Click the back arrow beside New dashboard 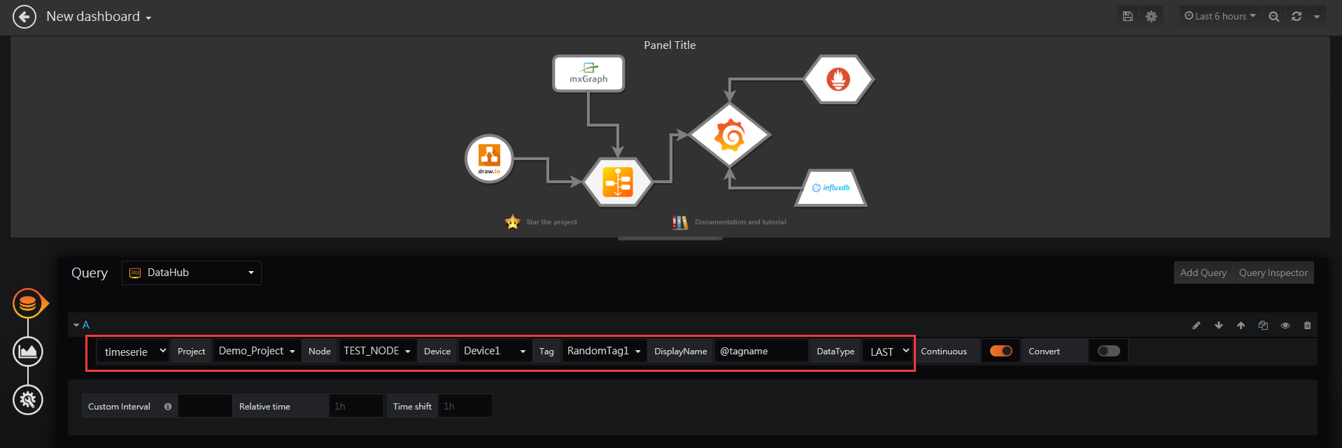[x=24, y=17]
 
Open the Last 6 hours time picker [x=1220, y=16]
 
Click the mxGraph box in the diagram [x=588, y=73]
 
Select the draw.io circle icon [x=489, y=159]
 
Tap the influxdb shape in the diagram [x=831, y=188]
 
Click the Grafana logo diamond [x=730, y=136]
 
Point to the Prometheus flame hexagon [x=838, y=80]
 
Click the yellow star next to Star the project [x=513, y=222]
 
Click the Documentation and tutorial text [x=740, y=222]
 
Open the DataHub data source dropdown [x=192, y=273]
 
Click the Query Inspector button [x=1273, y=273]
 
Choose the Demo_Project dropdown [x=257, y=351]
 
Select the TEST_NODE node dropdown [x=377, y=351]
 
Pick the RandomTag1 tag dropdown [x=604, y=351]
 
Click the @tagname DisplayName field [x=761, y=351]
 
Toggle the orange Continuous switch [x=1001, y=351]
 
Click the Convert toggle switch [x=1108, y=351]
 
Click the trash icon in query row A [x=1307, y=325]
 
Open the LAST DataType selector [x=889, y=351]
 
